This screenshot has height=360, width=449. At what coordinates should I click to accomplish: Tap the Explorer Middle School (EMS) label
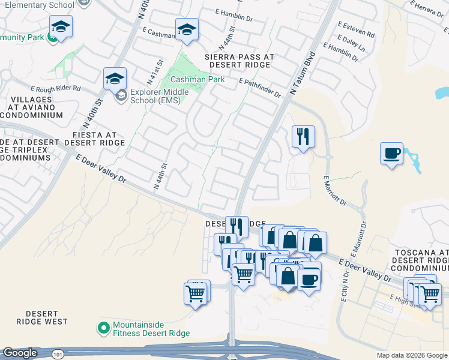[x=160, y=96]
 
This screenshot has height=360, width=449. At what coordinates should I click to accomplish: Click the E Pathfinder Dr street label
[x=259, y=88]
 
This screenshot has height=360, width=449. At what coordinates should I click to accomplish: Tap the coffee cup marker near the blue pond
[x=391, y=154]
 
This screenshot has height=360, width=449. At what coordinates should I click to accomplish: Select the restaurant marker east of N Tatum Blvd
[x=303, y=137]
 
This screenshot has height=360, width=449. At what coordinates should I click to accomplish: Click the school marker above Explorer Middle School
[x=115, y=79]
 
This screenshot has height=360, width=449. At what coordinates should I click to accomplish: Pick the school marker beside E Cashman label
[x=187, y=29]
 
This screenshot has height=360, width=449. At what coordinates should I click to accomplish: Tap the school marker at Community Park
[x=61, y=27]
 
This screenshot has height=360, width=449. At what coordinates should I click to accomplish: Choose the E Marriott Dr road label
[x=336, y=191]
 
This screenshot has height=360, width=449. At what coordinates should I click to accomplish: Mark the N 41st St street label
[x=160, y=73]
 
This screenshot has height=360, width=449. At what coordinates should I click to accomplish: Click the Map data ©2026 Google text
[x=412, y=355]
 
